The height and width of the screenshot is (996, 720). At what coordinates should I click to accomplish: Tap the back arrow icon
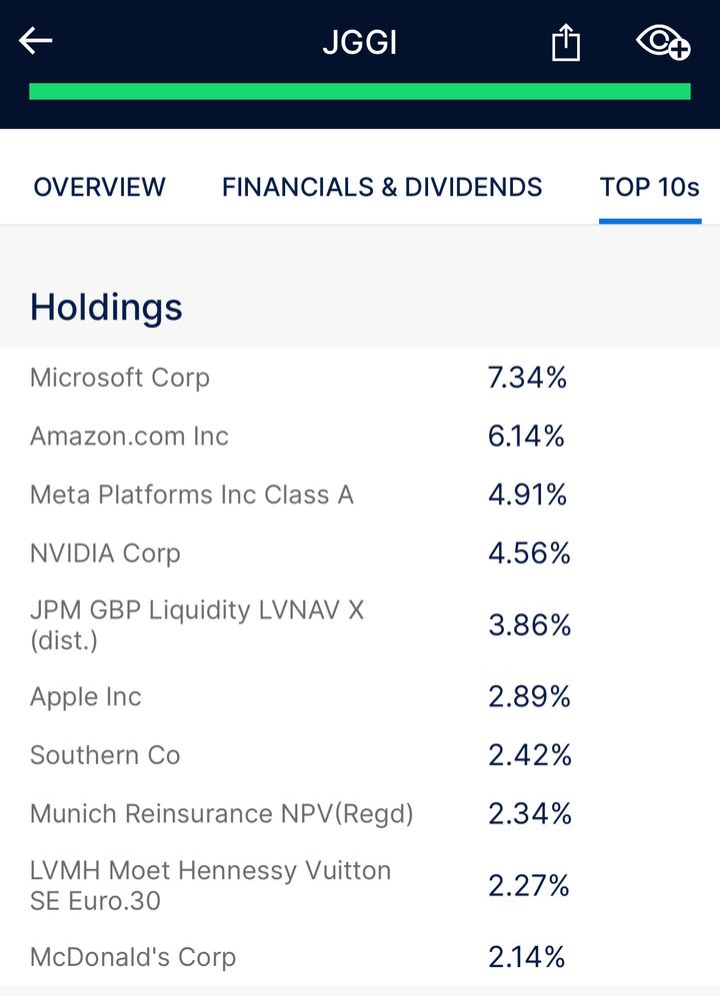pos(35,41)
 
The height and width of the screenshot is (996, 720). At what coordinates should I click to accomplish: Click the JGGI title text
pos(359,43)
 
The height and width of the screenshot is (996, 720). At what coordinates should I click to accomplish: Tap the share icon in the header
pos(566,43)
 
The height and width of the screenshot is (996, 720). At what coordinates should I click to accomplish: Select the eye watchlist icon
pos(663,42)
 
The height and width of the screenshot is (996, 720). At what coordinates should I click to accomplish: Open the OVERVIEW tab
pos(99,187)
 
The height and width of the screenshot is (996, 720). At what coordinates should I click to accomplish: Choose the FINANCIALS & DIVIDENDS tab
pos(382,187)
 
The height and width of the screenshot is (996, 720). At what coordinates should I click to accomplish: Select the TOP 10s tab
pos(650,187)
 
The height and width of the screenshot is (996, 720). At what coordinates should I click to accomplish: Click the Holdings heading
pos(106,307)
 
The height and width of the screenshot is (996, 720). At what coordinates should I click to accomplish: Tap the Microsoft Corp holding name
pos(120,378)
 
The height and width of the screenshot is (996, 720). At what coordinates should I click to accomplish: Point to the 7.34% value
pos(527,378)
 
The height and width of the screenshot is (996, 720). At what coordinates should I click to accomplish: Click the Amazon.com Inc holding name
pos(129,437)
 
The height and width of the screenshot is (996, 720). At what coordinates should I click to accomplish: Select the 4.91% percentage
pos(527,495)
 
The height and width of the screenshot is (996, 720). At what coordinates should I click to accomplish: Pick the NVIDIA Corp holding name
pos(105,553)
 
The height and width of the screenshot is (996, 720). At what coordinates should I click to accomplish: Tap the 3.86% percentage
pos(529,625)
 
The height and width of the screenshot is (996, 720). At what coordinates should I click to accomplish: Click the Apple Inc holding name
pos(86,697)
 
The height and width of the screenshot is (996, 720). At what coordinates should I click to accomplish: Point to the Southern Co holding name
pos(105,755)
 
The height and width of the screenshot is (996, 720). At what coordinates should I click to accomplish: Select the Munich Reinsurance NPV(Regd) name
pos(222,814)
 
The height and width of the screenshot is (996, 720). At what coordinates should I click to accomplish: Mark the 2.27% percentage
pos(529,886)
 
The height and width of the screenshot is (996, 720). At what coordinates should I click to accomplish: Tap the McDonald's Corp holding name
pos(133,957)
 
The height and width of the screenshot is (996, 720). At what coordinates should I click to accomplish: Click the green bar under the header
pos(360,92)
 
